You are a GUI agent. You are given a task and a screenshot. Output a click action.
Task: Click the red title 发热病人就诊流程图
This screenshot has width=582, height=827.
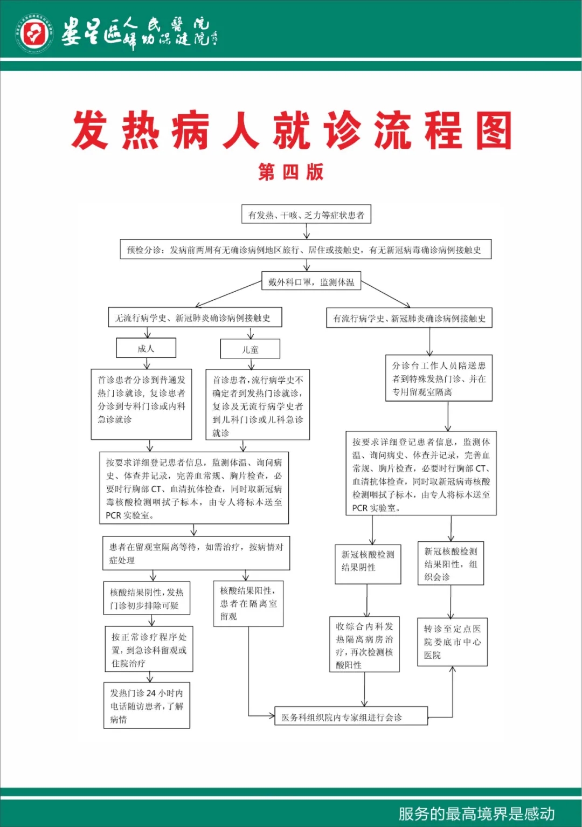pos(292,130)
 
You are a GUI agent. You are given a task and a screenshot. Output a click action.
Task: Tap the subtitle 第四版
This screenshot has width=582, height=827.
pos(291,172)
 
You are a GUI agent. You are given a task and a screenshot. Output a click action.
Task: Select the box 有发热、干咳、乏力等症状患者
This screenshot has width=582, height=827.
pos(306,215)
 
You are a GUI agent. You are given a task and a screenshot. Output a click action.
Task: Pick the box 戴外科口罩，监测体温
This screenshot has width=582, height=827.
pos(311,282)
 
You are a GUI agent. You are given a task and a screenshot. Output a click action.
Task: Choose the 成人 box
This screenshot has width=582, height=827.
pos(146,348)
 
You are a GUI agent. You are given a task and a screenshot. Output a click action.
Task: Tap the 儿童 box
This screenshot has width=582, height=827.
pos(250,349)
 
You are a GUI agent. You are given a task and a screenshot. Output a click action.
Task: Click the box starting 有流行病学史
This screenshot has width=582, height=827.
pos(409,318)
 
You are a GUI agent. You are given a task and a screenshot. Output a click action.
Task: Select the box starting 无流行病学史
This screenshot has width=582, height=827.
pos(195,318)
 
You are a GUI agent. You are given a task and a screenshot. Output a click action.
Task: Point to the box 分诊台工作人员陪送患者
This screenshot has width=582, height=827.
pos(439,378)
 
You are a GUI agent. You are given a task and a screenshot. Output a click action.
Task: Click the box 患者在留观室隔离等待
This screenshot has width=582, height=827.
pos(196,553)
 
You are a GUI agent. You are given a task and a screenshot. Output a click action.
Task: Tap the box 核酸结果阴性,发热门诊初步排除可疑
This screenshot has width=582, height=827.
pos(147,598)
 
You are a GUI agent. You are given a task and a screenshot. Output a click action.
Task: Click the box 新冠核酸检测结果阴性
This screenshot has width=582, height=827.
pos(368,564)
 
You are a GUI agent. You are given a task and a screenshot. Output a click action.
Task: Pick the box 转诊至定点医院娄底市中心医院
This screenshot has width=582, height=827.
pos(452,642)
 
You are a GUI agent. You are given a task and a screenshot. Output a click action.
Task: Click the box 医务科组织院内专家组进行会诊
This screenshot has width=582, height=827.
pos(351,717)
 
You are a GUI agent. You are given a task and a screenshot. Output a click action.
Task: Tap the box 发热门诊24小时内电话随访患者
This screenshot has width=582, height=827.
pos(147,706)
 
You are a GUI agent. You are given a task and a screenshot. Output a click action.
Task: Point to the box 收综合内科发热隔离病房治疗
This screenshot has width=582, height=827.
pos(364,645)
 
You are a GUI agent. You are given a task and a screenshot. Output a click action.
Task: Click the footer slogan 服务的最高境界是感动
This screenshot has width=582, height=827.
pos(476,813)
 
